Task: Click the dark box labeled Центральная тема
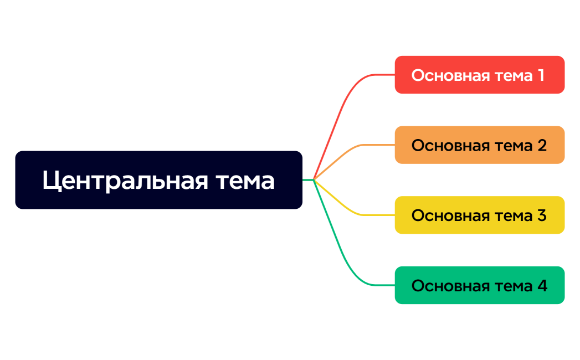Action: click(x=158, y=180)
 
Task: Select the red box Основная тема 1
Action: click(x=479, y=75)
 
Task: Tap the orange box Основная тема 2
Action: click(x=479, y=145)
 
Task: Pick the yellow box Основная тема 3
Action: click(x=479, y=215)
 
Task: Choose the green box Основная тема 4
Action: click(x=479, y=285)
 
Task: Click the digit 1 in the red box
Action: click(x=541, y=75)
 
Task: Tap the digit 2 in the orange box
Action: click(x=542, y=145)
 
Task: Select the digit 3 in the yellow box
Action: click(x=542, y=215)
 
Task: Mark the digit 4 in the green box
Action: click(x=542, y=285)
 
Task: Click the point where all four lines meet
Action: click(x=314, y=179)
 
